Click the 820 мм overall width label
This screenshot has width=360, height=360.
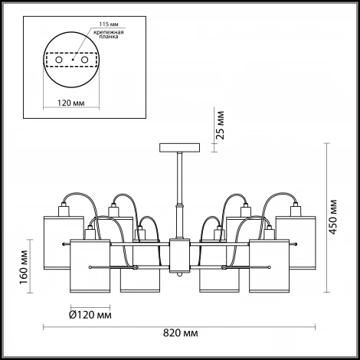pos(180,333)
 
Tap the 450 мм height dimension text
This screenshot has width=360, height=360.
pos(332,217)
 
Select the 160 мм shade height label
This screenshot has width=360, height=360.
pos(24,267)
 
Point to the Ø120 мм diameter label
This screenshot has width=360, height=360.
pos(90,315)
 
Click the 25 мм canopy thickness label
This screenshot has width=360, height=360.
pos(220,125)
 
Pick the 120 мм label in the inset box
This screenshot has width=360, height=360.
pos(70,103)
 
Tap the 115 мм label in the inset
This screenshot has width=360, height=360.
pos(109,25)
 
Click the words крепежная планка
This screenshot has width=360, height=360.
pos(109,34)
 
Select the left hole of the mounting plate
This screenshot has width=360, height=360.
pos(59,60)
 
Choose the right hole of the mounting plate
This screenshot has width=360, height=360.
pos(84,60)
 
